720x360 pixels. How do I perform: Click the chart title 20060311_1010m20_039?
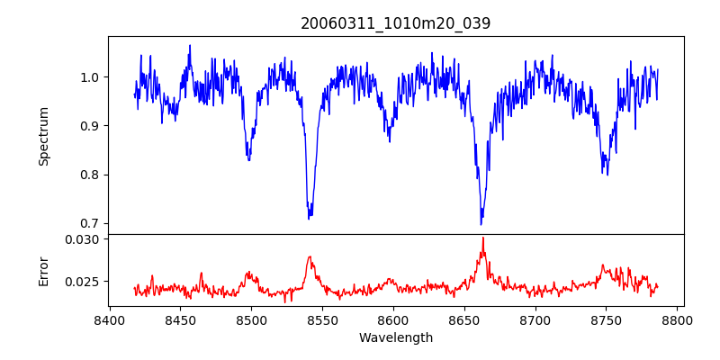tap(396, 23)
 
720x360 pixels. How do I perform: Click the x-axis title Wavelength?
tap(396, 338)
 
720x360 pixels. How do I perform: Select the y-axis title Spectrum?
tap(43, 136)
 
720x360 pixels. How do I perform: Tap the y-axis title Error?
tap(43, 271)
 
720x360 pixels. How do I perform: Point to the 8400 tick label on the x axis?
tap(109, 320)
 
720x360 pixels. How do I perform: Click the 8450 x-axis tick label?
tap(180, 320)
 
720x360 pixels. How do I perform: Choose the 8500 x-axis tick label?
tap(251, 320)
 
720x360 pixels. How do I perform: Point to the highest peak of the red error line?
tap(483, 238)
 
